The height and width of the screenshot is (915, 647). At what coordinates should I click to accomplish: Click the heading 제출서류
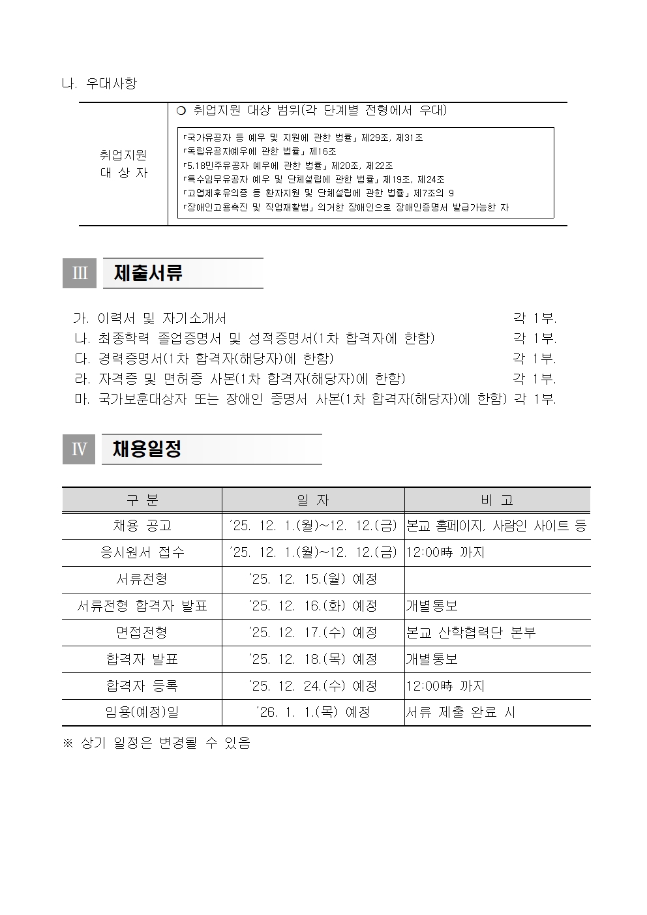148,273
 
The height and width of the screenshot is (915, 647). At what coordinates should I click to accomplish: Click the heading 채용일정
147,449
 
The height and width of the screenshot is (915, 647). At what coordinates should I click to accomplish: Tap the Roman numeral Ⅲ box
79,273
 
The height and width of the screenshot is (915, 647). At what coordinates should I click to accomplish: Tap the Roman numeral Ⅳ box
79,449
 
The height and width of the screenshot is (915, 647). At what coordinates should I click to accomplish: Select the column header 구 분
142,500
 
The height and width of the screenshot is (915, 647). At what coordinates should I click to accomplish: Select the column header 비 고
497,500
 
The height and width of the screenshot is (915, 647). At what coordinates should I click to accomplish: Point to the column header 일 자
313,500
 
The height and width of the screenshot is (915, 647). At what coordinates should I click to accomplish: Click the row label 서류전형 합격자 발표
142,606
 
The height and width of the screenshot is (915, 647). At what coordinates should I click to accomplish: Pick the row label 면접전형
142,633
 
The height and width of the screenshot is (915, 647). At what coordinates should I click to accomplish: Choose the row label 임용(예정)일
142,712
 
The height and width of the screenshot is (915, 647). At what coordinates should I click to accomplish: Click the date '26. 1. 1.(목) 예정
313,712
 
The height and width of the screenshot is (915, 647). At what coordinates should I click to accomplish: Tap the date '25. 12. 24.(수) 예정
313,686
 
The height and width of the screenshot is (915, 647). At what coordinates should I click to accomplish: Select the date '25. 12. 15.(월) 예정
313,579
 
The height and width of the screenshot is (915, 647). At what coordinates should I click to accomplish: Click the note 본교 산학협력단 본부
471,633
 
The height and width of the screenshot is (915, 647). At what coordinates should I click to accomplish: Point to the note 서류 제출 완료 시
460,712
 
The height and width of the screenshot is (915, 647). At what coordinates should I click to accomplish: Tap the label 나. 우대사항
99,83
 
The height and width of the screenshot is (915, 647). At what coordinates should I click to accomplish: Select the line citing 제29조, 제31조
303,138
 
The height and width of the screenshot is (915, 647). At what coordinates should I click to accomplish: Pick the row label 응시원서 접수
142,552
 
